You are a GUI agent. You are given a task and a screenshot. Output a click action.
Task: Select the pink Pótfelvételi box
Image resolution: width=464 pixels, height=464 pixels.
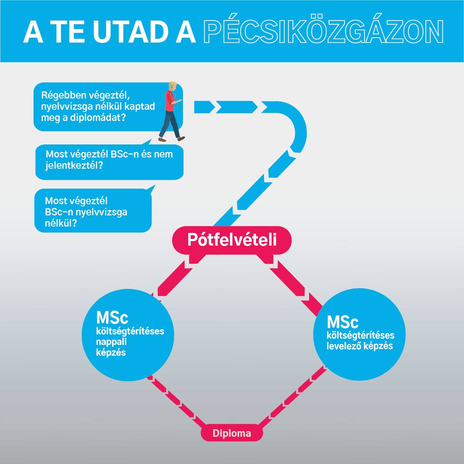pos(232,240)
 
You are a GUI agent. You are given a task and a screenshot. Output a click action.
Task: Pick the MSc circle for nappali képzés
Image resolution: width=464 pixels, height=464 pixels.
pos(128,335)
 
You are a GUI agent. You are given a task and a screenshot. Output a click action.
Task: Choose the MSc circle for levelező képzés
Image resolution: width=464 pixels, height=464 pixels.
pos(359,334)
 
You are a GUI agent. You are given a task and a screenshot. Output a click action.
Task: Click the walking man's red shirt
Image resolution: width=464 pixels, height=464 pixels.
pos(169,101)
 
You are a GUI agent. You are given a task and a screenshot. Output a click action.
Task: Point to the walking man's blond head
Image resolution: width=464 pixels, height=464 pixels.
pos(172,86)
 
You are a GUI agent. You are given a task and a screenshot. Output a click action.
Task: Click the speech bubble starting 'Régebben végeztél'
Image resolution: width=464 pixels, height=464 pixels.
pos(108,107)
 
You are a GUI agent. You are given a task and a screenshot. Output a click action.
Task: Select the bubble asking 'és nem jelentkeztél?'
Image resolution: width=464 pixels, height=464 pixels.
pos(109,162)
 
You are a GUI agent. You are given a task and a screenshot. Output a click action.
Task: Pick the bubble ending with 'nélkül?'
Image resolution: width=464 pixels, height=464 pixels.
pos(93,210)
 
